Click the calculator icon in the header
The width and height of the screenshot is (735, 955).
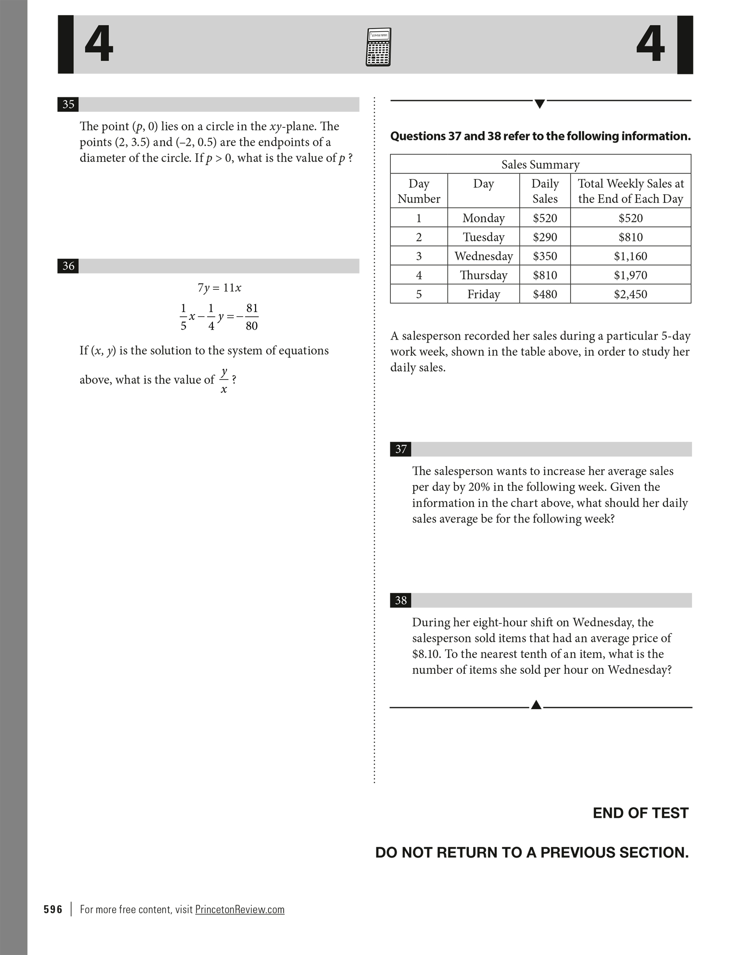click(x=378, y=47)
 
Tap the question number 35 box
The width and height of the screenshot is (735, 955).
click(x=68, y=105)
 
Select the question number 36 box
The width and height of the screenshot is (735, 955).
click(x=68, y=266)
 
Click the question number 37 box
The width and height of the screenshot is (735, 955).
click(x=401, y=449)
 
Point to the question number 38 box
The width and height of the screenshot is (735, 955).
click(x=401, y=600)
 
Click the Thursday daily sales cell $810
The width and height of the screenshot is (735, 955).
click(x=545, y=275)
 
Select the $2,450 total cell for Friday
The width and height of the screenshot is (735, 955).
click(x=630, y=294)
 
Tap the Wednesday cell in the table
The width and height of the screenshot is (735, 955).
click(x=483, y=256)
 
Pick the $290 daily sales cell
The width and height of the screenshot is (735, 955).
click(x=545, y=237)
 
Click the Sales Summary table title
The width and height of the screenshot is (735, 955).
click(x=540, y=165)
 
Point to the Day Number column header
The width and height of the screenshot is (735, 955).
click(x=419, y=191)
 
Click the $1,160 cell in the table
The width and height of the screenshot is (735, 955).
click(x=630, y=256)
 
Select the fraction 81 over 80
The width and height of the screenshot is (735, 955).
click(x=251, y=317)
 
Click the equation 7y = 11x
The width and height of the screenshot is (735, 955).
click(x=219, y=288)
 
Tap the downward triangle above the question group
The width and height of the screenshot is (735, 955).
click(x=540, y=104)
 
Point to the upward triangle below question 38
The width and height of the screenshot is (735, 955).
click(x=536, y=705)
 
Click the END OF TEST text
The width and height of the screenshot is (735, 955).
click(x=640, y=813)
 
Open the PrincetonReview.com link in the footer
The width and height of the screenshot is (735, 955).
click(x=240, y=909)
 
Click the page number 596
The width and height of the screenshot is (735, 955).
click(x=53, y=909)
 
